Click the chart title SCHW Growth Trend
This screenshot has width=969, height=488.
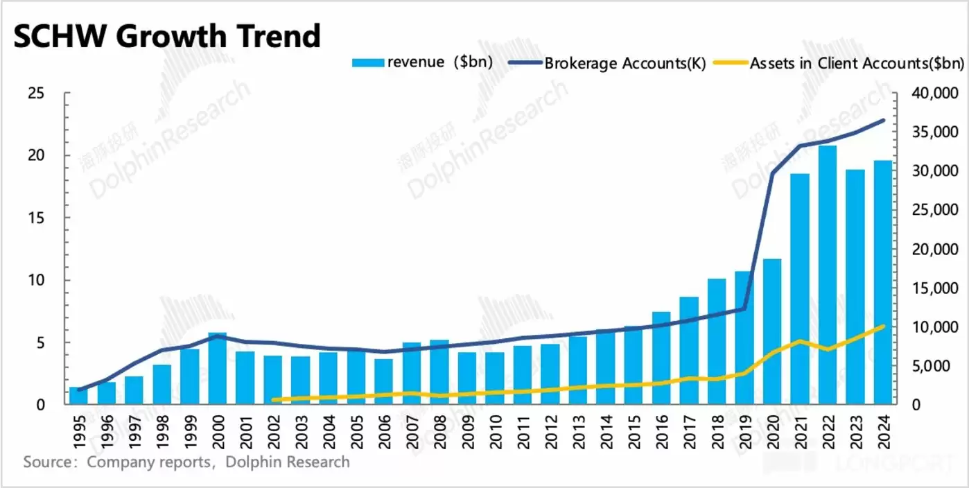point(167,36)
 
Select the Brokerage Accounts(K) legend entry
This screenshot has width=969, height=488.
point(606,63)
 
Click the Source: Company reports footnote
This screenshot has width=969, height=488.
point(186,462)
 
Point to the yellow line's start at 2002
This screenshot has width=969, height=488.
point(273,400)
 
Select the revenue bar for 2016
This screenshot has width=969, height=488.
point(661,358)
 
